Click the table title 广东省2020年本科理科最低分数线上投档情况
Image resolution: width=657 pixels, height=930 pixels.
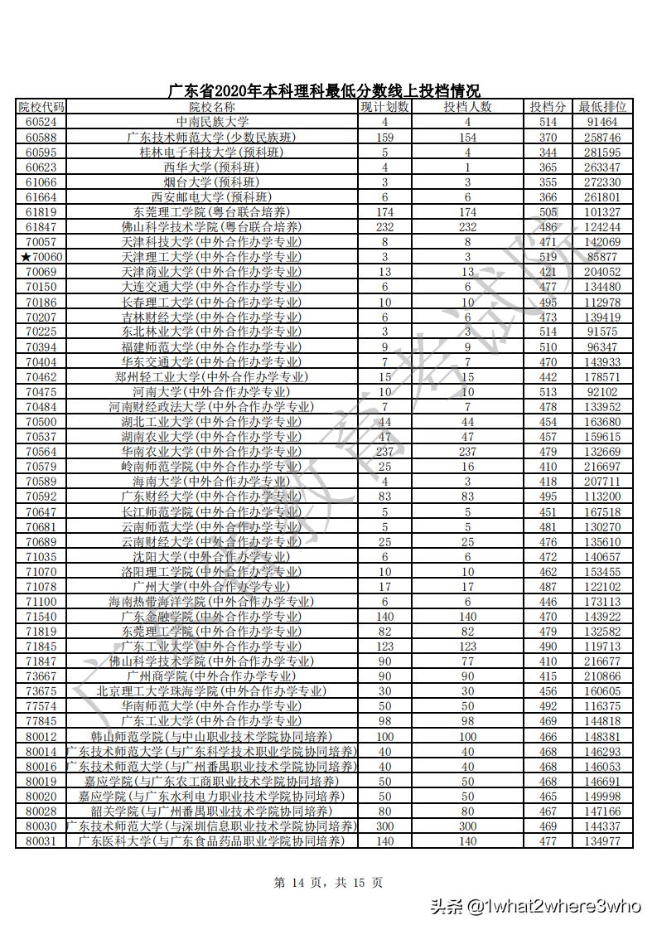tap(324, 91)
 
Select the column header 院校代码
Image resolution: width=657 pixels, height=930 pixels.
tap(41, 107)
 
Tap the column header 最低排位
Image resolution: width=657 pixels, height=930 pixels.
tap(602, 107)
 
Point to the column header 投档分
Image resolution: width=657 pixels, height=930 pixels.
tap(548, 107)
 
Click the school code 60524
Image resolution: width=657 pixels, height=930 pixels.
tap(41, 122)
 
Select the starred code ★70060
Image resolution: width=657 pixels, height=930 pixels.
tap(41, 257)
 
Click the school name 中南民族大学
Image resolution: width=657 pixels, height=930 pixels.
tap(212, 122)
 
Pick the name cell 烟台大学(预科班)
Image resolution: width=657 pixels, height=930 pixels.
tap(212, 182)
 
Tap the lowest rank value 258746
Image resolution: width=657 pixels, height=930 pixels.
tap(602, 137)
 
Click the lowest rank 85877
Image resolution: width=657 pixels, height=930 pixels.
tap(602, 257)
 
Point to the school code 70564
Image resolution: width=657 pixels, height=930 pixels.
tap(41, 452)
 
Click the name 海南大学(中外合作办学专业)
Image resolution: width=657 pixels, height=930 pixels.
tap(212, 482)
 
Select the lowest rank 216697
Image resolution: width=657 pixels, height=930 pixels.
tap(602, 467)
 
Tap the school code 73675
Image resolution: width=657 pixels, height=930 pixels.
tap(41, 691)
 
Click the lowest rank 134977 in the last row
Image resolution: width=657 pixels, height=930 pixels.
tap(602, 841)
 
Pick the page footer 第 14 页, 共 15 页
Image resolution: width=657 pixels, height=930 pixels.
tap(328, 883)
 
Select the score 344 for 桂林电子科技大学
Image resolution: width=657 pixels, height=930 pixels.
tap(548, 153)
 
